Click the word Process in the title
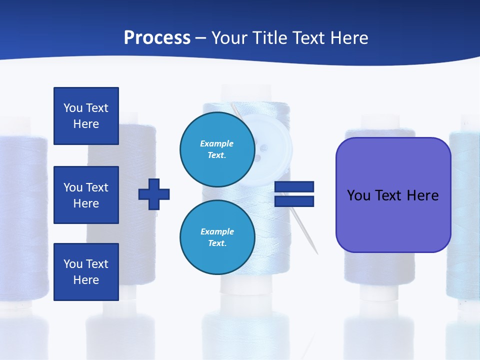tap(157, 38)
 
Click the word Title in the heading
tap(268, 38)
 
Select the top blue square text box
tap(86, 116)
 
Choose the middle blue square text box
tap(86, 195)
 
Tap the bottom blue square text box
tap(86, 272)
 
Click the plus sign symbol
tap(154, 194)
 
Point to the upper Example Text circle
tap(217, 149)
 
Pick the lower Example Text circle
tap(217, 237)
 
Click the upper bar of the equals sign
tap(294, 187)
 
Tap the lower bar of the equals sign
tap(294, 201)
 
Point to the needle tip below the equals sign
tap(316, 252)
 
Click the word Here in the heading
tap(348, 38)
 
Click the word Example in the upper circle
tap(217, 143)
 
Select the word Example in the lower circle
tap(217, 231)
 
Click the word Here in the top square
tap(86, 124)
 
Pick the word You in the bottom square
tap(73, 264)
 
